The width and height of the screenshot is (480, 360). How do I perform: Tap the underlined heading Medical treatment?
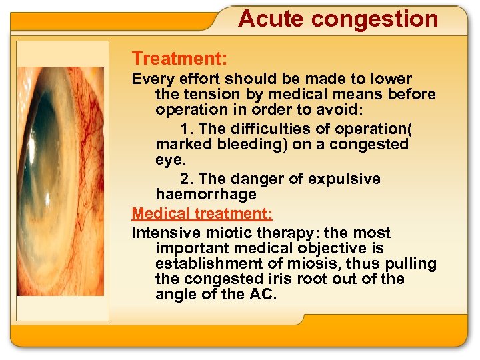(202, 214)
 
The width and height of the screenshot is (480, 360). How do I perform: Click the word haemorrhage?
(205, 195)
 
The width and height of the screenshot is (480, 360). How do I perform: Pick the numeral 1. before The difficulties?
(186, 128)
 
